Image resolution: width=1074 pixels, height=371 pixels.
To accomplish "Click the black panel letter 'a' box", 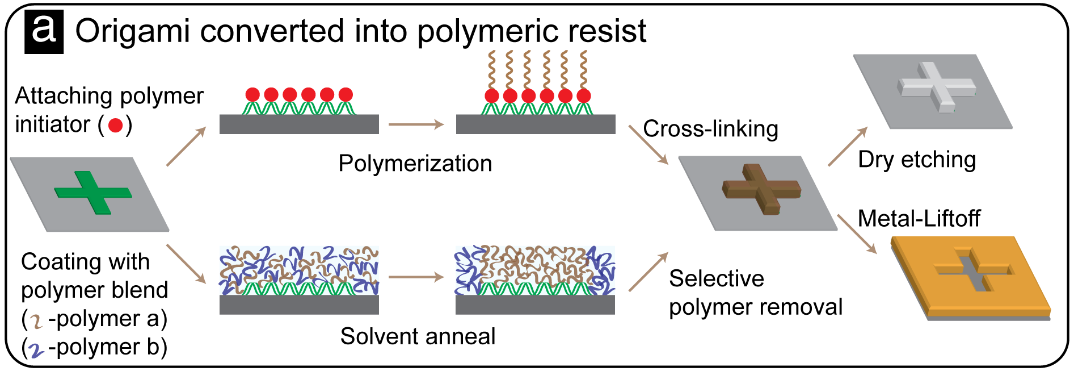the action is coord(44,32).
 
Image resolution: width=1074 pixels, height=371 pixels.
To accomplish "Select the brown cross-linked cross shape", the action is coord(761,189).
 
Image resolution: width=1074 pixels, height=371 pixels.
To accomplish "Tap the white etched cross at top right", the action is coord(936,87).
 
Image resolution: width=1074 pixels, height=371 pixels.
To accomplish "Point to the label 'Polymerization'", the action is coord(415,164).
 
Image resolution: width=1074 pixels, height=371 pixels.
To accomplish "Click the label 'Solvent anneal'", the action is coord(418,336).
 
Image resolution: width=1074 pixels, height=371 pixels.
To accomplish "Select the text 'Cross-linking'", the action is coord(710,129).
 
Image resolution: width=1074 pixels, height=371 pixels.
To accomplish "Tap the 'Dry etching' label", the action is coord(917,160).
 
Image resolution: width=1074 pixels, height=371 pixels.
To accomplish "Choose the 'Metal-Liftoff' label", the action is coord(919,219).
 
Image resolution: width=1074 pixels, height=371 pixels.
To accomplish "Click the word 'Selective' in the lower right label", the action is coord(717,279).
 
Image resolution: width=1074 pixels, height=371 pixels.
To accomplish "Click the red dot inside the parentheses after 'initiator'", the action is coord(116,125).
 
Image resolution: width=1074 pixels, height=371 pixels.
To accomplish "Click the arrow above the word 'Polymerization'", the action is coord(416,124).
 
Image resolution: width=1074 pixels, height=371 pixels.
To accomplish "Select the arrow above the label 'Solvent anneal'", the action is coord(416,277).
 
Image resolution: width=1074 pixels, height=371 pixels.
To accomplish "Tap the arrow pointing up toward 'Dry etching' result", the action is coord(848,146).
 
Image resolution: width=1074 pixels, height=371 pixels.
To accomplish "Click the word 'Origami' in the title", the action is coord(133,32).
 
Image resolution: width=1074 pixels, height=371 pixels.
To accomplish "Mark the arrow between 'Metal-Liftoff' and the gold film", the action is coord(857,234).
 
